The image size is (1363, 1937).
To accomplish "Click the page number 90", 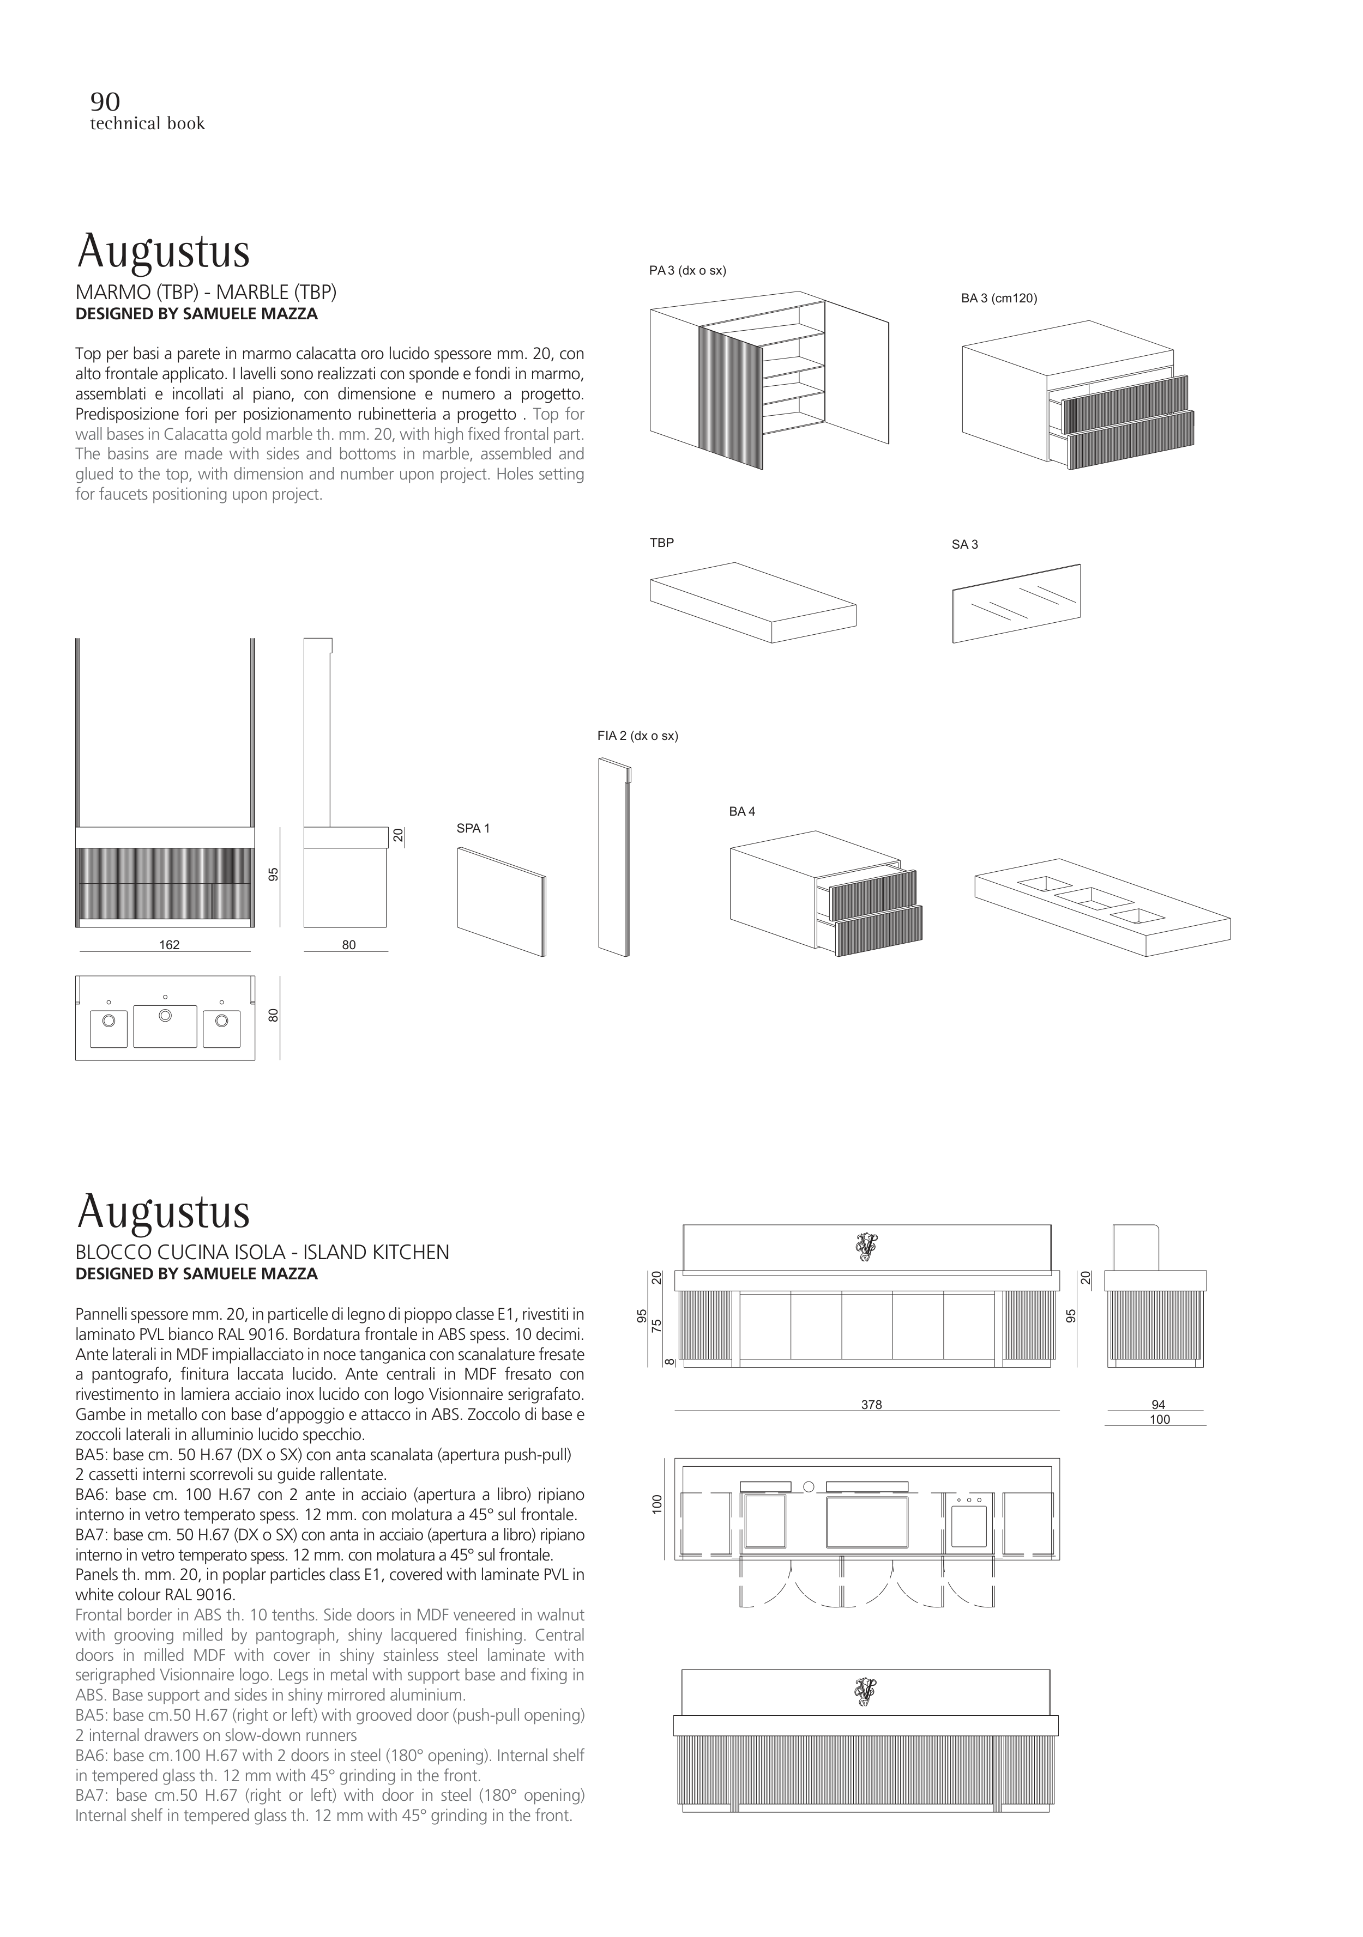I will [105, 102].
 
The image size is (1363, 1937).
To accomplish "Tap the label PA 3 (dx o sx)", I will [687, 271].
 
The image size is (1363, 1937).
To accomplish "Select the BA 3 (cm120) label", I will [998, 298].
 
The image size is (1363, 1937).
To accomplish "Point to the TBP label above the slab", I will [662, 543].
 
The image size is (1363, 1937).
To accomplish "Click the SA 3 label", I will [964, 544].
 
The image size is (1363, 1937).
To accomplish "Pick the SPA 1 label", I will [473, 828].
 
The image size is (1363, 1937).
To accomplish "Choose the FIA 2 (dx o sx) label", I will [637, 736].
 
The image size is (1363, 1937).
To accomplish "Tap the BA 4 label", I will [742, 812].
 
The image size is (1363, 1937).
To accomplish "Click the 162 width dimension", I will [169, 945].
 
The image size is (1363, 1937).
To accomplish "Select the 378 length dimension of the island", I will [871, 1405].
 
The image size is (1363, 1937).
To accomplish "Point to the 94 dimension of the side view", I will [1158, 1405].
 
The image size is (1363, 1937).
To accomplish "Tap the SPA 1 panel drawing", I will [502, 901].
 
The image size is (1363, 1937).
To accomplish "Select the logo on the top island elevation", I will [866, 1246].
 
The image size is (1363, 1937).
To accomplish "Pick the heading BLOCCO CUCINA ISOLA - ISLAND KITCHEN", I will [262, 1253].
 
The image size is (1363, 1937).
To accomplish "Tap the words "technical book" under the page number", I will [148, 124].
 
